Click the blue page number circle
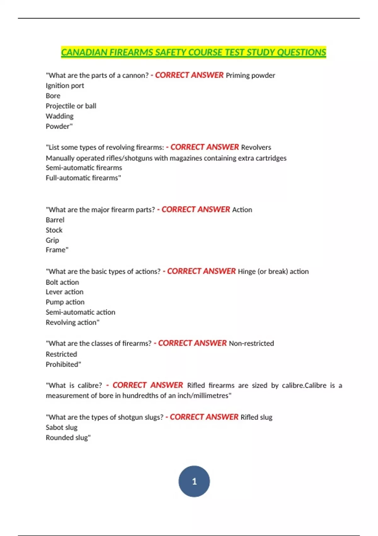tap(194, 481)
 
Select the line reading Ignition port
tap(65, 86)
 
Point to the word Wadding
tap(60, 116)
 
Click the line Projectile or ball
tap(71, 106)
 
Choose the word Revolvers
tap(256, 147)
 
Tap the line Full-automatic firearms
tap(83, 178)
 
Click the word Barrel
tap(55, 220)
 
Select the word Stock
tap(54, 230)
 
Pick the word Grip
tap(52, 240)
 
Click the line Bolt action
tap(62, 282)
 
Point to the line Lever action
tap(65, 292)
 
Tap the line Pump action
tap(65, 302)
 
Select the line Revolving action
tap(72, 322)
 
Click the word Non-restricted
tap(251, 343)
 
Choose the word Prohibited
tap(63, 364)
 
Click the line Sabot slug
tap(61, 427)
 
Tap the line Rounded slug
tap(68, 438)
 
